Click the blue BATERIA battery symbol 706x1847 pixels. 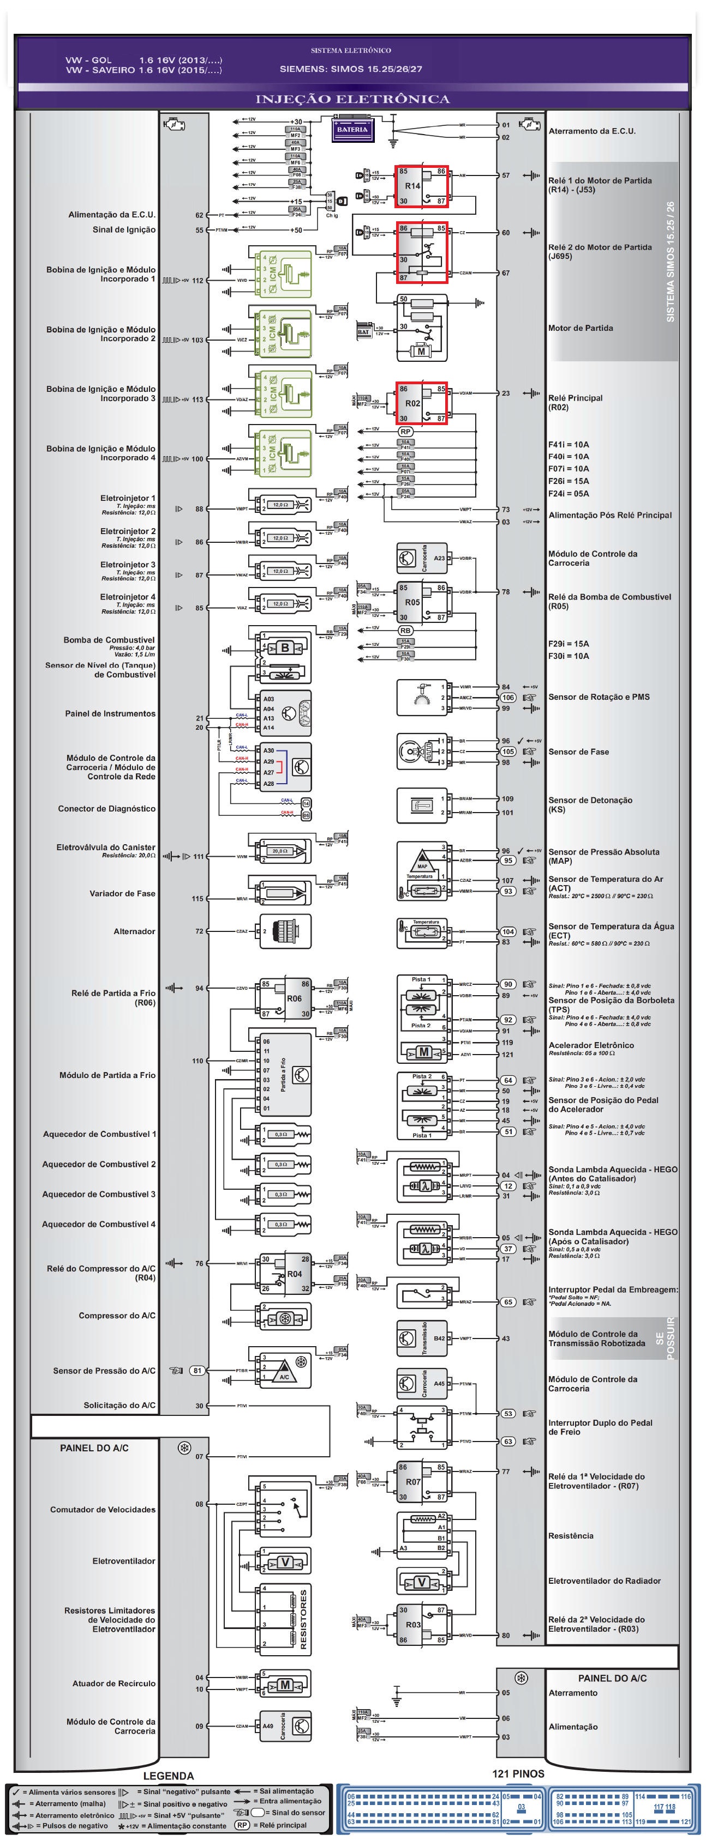pyautogui.click(x=352, y=130)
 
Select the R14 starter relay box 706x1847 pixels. pyautogui.click(x=421, y=186)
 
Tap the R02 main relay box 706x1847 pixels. pyautogui.click(x=421, y=403)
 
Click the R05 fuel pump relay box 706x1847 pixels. pyautogui.click(x=421, y=602)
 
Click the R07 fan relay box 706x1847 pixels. pyautogui.click(x=421, y=1482)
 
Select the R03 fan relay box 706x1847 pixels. pyautogui.click(x=421, y=1625)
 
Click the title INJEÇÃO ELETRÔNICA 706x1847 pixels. pyautogui.click(x=352, y=99)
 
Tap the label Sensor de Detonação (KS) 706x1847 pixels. pyautogui.click(x=590, y=804)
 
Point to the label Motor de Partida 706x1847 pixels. pyautogui.click(x=581, y=329)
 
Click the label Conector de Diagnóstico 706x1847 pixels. pyautogui.click(x=107, y=809)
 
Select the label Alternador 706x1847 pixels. pyautogui.click(x=134, y=931)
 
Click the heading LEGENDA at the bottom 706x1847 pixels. pyautogui.click(x=168, y=1775)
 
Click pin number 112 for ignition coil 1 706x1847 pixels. pyautogui.click(x=198, y=281)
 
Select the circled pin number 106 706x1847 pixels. pyautogui.click(x=508, y=698)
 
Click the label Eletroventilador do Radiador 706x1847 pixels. pyautogui.click(x=604, y=1581)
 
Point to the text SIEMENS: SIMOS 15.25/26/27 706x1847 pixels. pyautogui.click(x=351, y=70)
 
